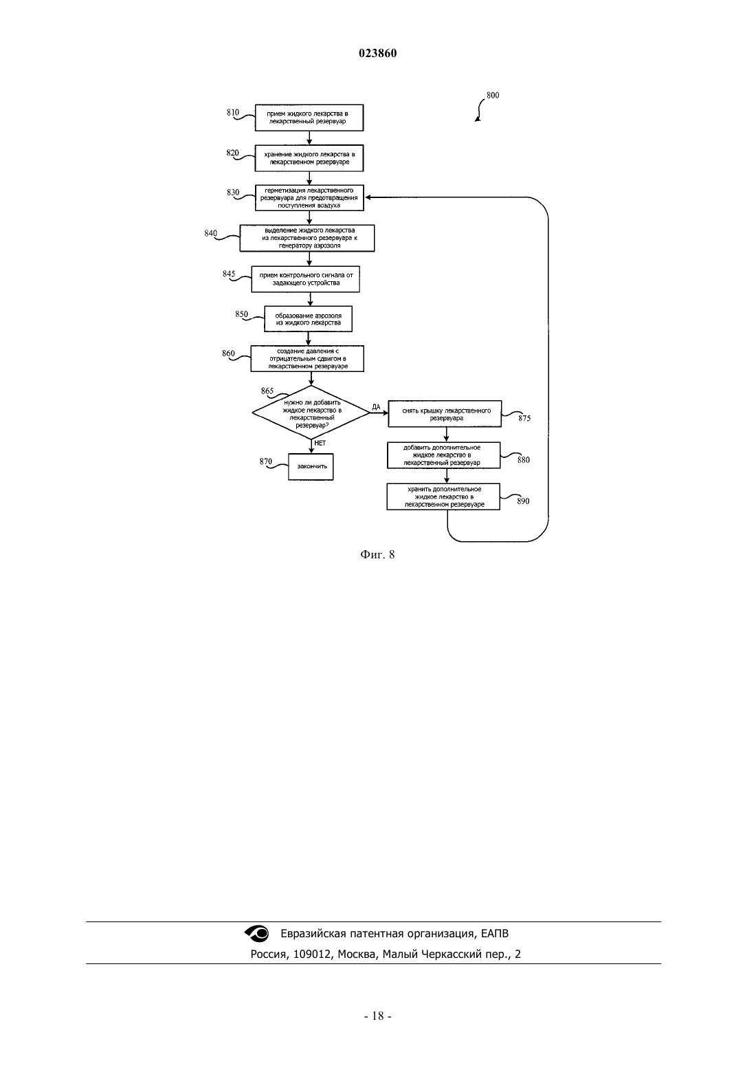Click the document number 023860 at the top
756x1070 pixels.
point(377,53)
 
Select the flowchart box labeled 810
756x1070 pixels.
point(309,118)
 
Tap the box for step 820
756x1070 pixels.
point(309,158)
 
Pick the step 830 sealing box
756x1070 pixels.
point(309,198)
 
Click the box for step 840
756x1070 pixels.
point(307,238)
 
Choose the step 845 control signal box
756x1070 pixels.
point(305,279)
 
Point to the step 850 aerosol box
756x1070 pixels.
point(309,318)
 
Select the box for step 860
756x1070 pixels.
point(307,359)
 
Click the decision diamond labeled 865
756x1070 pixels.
point(311,413)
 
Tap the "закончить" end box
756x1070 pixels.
point(311,467)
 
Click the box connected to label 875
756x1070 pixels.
point(445,414)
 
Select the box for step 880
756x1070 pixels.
point(444,455)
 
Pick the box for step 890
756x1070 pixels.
point(443,496)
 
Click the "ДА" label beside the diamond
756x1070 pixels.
point(376,407)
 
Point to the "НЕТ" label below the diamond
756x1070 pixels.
point(320,444)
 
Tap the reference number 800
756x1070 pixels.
point(493,95)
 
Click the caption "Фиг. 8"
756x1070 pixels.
point(377,554)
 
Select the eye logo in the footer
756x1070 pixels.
point(257,933)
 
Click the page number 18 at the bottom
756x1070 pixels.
point(378,1016)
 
